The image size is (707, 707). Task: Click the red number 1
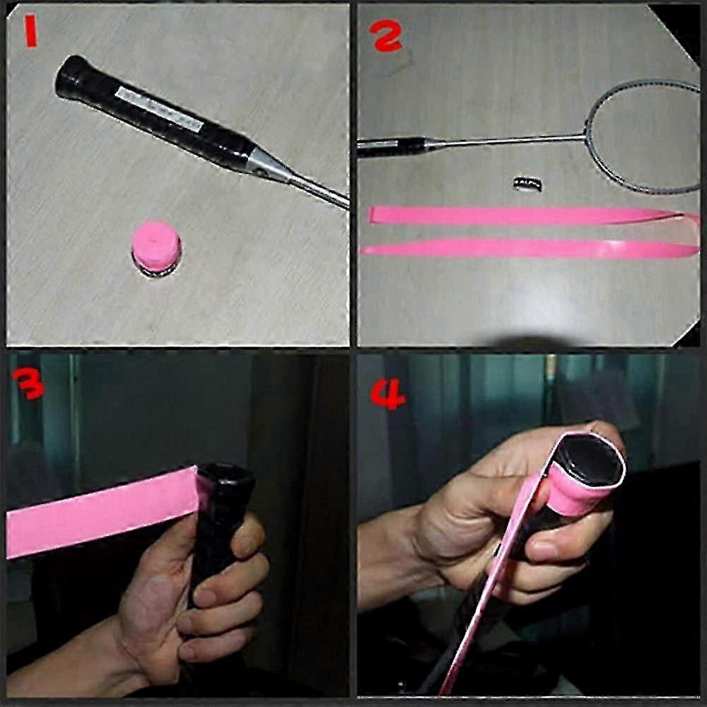(x=30, y=30)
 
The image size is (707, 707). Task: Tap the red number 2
(x=386, y=35)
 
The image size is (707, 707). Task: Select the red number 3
(x=28, y=383)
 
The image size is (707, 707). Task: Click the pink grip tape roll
(x=156, y=247)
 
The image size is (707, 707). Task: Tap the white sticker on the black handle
(x=158, y=110)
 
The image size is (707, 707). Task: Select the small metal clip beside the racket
(x=528, y=185)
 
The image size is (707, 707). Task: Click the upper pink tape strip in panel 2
(x=527, y=216)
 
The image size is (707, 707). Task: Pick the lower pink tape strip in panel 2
(x=530, y=248)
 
